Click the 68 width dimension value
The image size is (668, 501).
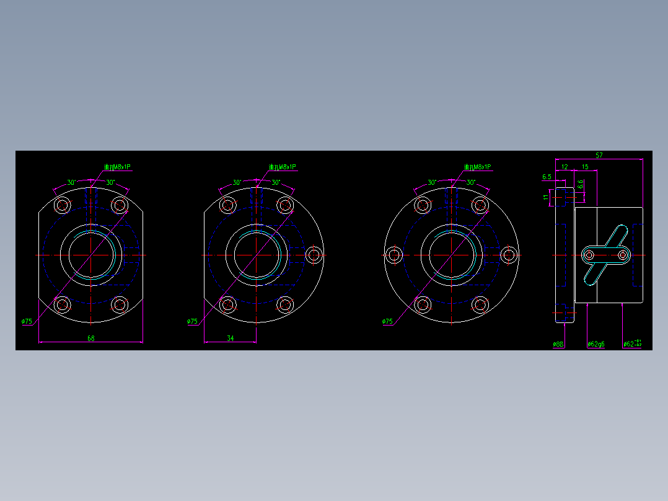pyautogui.click(x=90, y=338)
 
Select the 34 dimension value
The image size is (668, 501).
pyautogui.click(x=231, y=338)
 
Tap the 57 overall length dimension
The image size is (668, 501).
pyautogui.click(x=599, y=156)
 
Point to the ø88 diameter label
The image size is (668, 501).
pyautogui.click(x=558, y=344)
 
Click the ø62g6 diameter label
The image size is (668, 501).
pyautogui.click(x=595, y=344)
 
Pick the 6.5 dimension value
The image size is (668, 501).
pyautogui.click(x=547, y=177)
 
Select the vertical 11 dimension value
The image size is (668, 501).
pyautogui.click(x=546, y=197)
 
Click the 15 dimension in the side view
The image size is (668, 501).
pyautogui.click(x=585, y=167)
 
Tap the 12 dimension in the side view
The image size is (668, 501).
pyautogui.click(x=565, y=167)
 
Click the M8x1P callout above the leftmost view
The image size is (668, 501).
pyautogui.click(x=118, y=167)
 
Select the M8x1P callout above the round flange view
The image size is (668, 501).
pyautogui.click(x=477, y=167)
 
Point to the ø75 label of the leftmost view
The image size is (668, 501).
pyautogui.click(x=27, y=321)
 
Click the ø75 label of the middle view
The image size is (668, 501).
pyautogui.click(x=192, y=321)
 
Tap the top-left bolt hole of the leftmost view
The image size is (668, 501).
pyautogui.click(x=63, y=205)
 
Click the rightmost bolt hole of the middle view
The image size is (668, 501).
pyautogui.click(x=314, y=254)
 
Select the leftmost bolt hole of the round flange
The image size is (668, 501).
pyautogui.click(x=394, y=254)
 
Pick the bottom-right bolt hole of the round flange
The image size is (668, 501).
pyautogui.click(x=480, y=304)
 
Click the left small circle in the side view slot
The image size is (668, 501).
pyautogui.click(x=589, y=254)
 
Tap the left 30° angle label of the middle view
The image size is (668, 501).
pyautogui.click(x=237, y=182)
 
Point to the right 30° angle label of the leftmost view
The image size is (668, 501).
pyautogui.click(x=110, y=182)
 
